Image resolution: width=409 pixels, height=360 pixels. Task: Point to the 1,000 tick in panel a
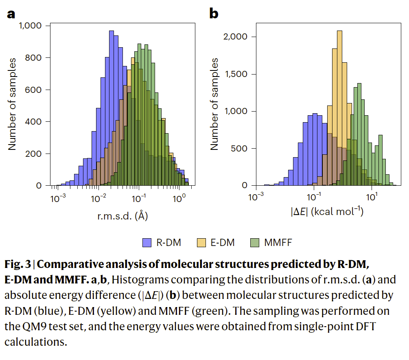(31, 26)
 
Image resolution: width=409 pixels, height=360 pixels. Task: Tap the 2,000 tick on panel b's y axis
(235, 37)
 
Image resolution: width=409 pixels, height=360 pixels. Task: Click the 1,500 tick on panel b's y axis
(235, 75)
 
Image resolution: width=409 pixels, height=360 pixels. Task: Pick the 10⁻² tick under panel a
(98, 198)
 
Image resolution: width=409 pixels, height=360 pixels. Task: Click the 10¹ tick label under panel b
(371, 198)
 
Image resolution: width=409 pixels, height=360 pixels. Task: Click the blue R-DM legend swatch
(147, 243)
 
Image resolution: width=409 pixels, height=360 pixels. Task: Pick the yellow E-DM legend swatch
(201, 243)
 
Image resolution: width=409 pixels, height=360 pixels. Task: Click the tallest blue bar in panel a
(111, 110)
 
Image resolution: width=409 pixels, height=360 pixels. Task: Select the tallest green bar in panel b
(359, 134)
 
